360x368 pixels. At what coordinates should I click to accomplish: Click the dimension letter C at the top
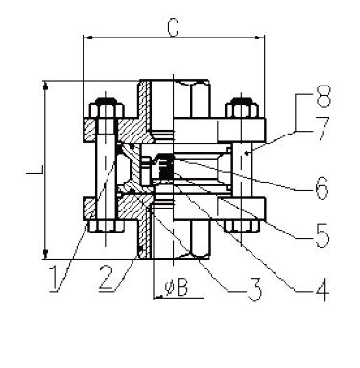[173, 28]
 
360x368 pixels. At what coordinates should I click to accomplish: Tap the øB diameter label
[176, 287]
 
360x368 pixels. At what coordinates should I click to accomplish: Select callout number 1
[55, 279]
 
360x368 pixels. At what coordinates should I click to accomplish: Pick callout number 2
[107, 279]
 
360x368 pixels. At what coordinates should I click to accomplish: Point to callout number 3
[254, 288]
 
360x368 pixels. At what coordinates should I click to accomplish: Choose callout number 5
[323, 235]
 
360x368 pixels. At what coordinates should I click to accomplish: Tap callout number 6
[322, 186]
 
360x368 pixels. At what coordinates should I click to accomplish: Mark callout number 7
[322, 130]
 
